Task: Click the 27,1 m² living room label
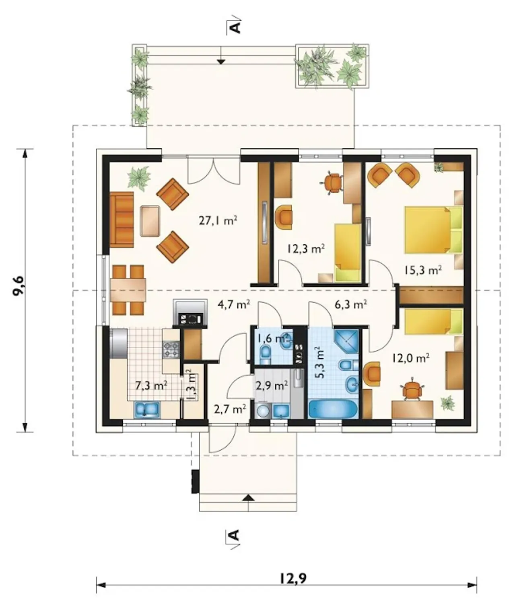[218, 221]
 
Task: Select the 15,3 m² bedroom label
[423, 270]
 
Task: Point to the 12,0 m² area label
[410, 357]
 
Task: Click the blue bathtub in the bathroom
[333, 409]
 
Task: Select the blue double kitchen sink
[147, 410]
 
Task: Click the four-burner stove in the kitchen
[171, 349]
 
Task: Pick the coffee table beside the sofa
[150, 221]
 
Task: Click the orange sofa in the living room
[122, 220]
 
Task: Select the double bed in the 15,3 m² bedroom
[433, 230]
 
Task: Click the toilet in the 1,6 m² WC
[266, 354]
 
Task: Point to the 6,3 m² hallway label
[351, 304]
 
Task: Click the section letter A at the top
[236, 27]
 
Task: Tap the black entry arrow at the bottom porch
[249, 497]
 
